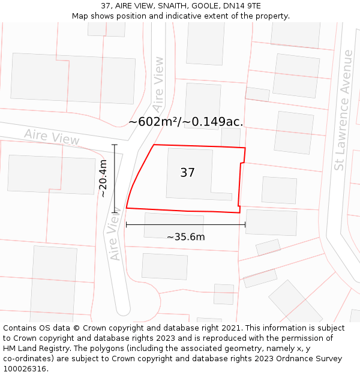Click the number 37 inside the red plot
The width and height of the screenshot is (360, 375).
[x=187, y=173]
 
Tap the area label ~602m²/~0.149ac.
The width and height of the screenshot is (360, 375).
[x=185, y=121]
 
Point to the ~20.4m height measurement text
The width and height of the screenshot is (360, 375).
[x=103, y=178]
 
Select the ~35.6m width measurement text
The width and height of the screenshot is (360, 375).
[x=185, y=236]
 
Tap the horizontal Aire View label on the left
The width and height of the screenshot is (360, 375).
[x=52, y=137]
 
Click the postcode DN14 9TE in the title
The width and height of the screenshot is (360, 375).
[x=243, y=5]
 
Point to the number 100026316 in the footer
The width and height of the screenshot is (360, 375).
[x=25, y=369]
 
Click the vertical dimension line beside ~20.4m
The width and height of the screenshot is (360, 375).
[x=115, y=178]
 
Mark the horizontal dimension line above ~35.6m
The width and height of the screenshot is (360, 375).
[x=185, y=225]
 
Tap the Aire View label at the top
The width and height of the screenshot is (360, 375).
[x=158, y=84]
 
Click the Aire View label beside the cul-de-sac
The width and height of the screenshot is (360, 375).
[x=116, y=238]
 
